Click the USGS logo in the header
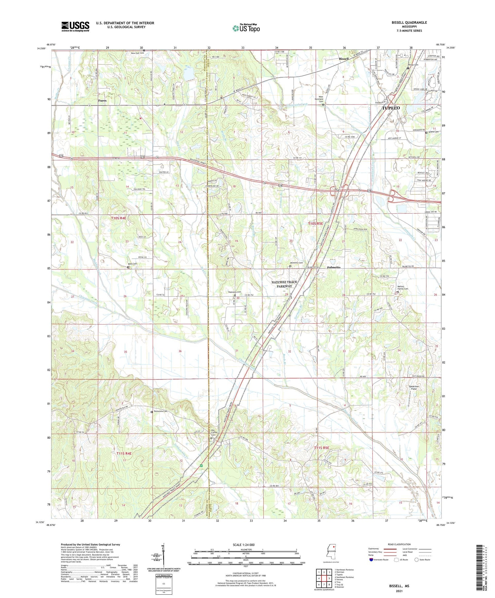75,26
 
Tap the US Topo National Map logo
246,28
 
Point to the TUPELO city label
391,108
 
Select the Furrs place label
102,101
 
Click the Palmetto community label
334,267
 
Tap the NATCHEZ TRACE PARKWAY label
284,284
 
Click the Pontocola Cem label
160,411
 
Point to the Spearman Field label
414,388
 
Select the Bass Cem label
132,264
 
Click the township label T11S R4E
124,454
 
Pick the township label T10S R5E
316,224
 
